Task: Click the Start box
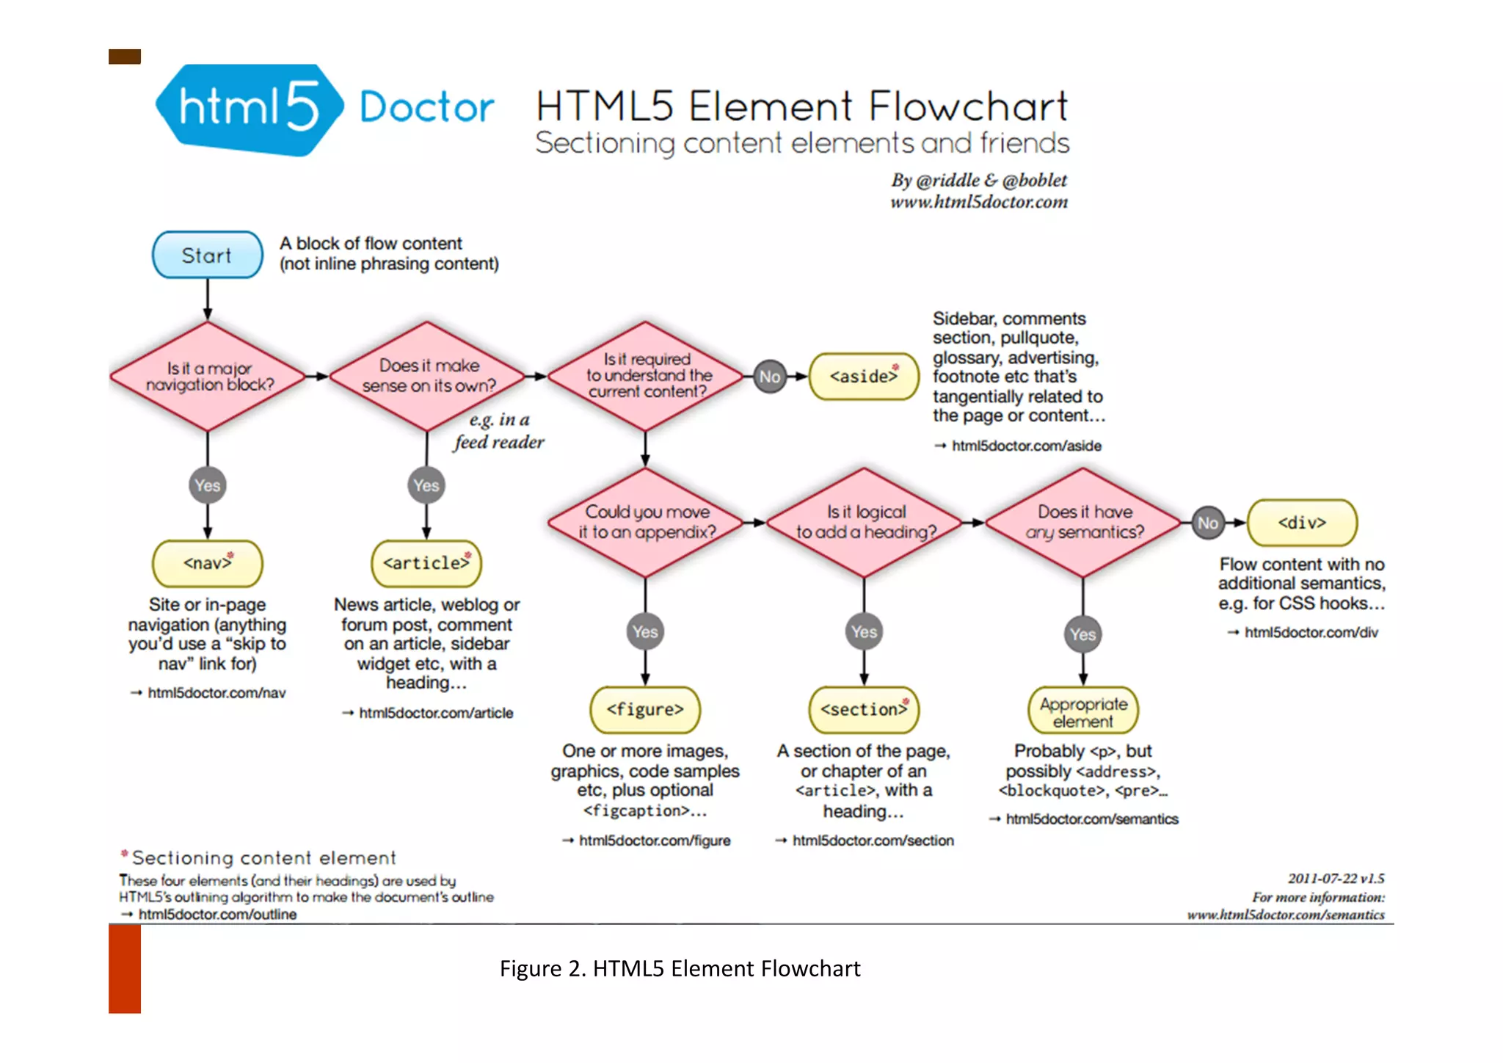[x=207, y=255]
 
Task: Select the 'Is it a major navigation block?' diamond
[x=208, y=377]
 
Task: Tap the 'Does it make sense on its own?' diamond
[x=428, y=377]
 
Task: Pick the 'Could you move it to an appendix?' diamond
[x=646, y=522]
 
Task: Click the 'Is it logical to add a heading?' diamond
[x=865, y=522]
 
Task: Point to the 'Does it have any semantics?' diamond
[x=1083, y=522]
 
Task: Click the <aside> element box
[x=864, y=377]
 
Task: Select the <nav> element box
[x=208, y=563]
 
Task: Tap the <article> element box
[x=426, y=563]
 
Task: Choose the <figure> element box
[x=645, y=709]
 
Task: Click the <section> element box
[x=864, y=709]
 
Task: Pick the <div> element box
[x=1302, y=523]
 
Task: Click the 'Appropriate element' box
[x=1083, y=711]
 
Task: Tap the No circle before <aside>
[x=769, y=377]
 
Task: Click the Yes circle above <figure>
[x=645, y=631]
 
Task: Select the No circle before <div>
[x=1207, y=523]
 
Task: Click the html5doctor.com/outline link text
[x=217, y=914]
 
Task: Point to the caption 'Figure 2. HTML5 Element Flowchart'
[x=680, y=968]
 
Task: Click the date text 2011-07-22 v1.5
[x=1336, y=878]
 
